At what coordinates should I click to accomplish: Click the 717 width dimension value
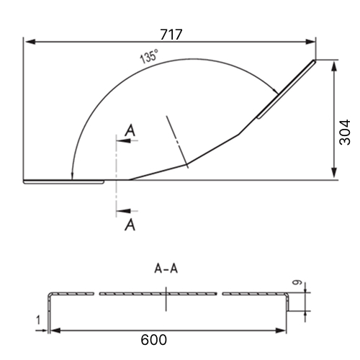[x=171, y=35]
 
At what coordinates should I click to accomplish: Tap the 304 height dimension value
[x=345, y=132]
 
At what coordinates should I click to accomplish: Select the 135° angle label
[x=149, y=56]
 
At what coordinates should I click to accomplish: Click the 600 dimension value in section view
[x=153, y=340]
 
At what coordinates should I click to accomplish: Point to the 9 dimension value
[x=297, y=282]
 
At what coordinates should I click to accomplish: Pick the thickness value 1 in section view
[x=38, y=320]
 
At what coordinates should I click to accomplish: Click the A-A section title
[x=166, y=269]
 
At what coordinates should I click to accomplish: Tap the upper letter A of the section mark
[x=130, y=130]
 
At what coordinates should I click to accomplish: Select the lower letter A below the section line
[x=130, y=225]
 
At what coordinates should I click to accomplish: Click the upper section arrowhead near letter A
[x=124, y=140]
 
